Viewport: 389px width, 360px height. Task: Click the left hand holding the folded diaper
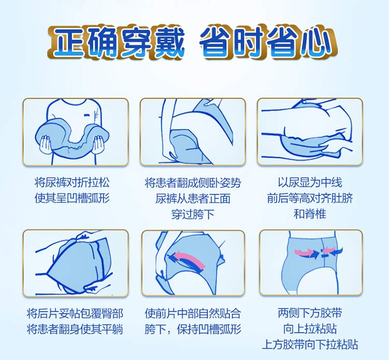coord(46,144)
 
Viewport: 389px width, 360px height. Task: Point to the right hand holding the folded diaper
coord(98,144)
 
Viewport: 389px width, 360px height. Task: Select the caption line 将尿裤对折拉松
coord(72,183)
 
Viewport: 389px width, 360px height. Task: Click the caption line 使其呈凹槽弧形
coord(72,198)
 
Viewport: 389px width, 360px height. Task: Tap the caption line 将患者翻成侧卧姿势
coord(193,183)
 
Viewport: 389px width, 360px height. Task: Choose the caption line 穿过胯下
coord(193,214)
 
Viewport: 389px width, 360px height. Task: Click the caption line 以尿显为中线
coord(310,183)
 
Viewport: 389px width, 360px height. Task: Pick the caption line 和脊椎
coord(310,214)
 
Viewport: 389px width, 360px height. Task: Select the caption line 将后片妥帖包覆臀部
coord(75,314)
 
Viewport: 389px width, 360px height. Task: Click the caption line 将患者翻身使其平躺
coord(75,329)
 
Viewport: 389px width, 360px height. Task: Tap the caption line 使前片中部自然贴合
coord(193,314)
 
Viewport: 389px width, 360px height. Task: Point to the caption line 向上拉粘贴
coord(310,329)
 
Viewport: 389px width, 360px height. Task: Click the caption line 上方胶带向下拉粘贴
coord(310,344)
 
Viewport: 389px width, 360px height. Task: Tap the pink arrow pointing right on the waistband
coord(304,253)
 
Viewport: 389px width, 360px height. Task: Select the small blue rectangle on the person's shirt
coord(86,115)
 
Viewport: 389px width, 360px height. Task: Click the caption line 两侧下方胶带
coord(310,313)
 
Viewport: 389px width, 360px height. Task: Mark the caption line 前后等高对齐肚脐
coord(310,198)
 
